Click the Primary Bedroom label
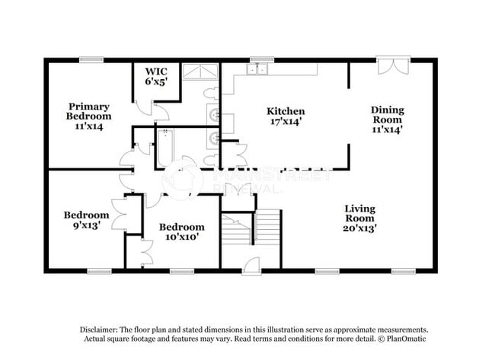click(88, 116)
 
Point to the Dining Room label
click(387, 119)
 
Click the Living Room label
click(360, 218)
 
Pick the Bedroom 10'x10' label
click(181, 231)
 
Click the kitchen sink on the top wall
click(257, 69)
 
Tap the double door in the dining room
click(394, 65)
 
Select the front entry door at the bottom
click(251, 266)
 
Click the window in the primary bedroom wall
click(91, 59)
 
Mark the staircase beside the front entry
click(251, 228)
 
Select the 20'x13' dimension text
click(360, 227)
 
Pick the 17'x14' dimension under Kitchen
click(286, 121)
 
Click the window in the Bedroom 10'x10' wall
click(180, 271)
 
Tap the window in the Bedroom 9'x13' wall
click(99, 271)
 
